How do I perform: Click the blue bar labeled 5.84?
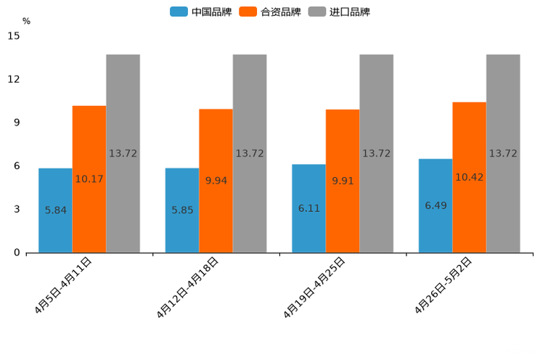pos(55,210)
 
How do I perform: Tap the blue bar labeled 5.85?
pos(182,210)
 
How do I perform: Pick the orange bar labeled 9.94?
pos(216,181)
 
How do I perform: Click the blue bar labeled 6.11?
pos(308,208)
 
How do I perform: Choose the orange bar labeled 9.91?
pos(343,181)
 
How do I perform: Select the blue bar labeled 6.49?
pos(435,205)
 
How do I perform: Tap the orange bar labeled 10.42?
pos(469,177)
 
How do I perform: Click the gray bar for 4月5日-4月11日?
pos(123,153)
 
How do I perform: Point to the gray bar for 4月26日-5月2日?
pos(503,153)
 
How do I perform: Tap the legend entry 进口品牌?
pos(339,12)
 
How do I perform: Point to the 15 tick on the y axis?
pos(15,36)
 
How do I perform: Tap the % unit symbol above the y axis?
pos(26,21)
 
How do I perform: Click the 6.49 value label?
pos(435,205)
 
